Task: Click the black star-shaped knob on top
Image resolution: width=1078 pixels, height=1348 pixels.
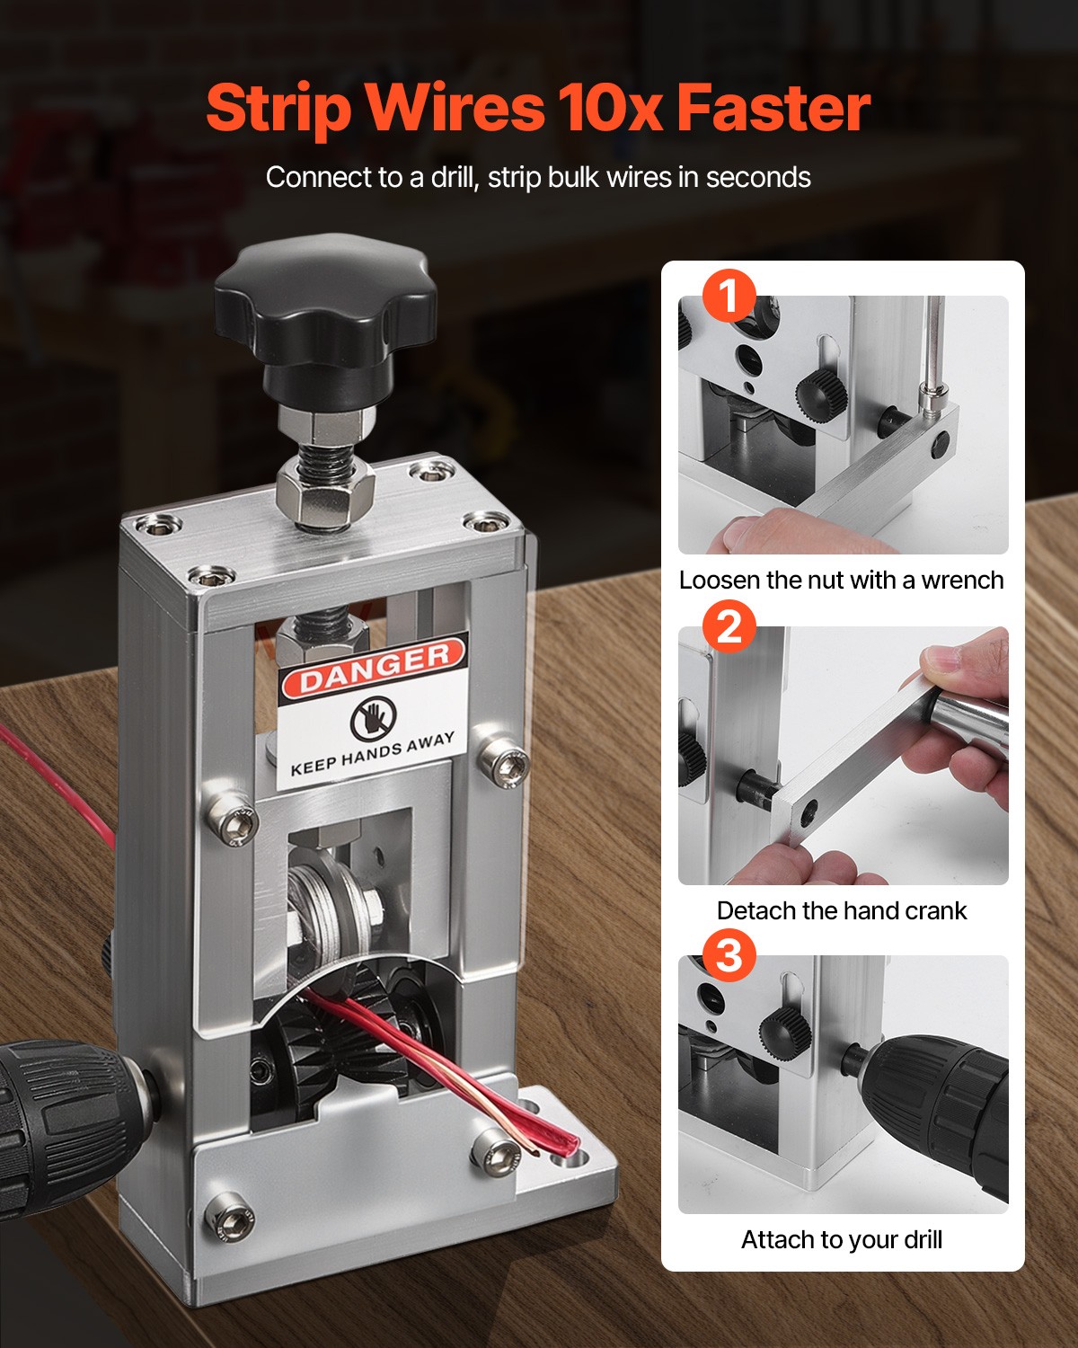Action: (x=325, y=306)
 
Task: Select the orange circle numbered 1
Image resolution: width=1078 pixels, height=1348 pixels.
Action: (x=729, y=296)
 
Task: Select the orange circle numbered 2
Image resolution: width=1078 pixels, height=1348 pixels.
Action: (x=729, y=625)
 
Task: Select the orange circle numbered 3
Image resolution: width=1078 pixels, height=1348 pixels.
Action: (x=729, y=954)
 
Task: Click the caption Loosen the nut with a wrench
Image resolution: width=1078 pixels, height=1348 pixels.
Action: (x=841, y=581)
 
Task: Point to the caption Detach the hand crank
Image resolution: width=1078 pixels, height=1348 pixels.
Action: (x=841, y=910)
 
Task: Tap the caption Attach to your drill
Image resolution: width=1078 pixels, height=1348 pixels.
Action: (x=841, y=1240)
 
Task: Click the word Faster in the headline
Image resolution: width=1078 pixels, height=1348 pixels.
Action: (x=773, y=108)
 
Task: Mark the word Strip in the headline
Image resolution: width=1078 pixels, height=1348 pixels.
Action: (x=278, y=108)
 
